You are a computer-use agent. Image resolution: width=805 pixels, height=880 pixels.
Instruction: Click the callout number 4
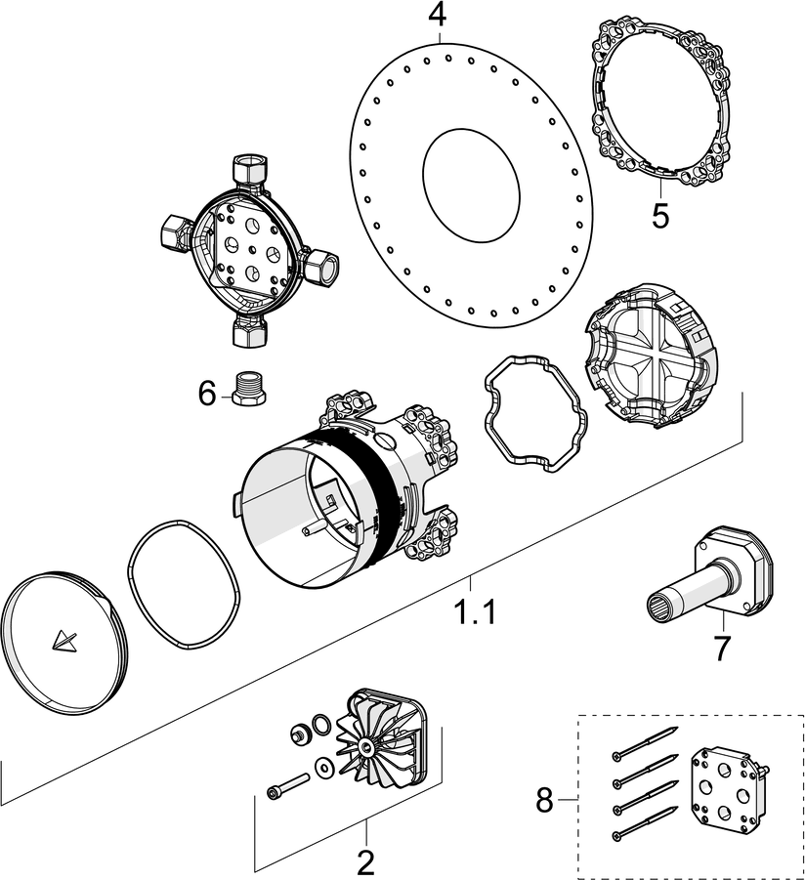tap(437, 17)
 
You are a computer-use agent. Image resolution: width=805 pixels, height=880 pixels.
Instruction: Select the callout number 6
tap(206, 394)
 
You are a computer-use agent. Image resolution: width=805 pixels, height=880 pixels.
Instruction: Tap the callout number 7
tap(721, 648)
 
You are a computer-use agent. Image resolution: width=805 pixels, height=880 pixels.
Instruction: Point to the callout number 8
tap(544, 802)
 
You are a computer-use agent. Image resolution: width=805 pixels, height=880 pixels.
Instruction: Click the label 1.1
tap(475, 613)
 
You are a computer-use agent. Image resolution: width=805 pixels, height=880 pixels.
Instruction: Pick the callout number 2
tap(365, 861)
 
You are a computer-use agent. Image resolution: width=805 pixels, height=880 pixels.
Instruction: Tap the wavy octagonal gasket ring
tap(534, 414)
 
